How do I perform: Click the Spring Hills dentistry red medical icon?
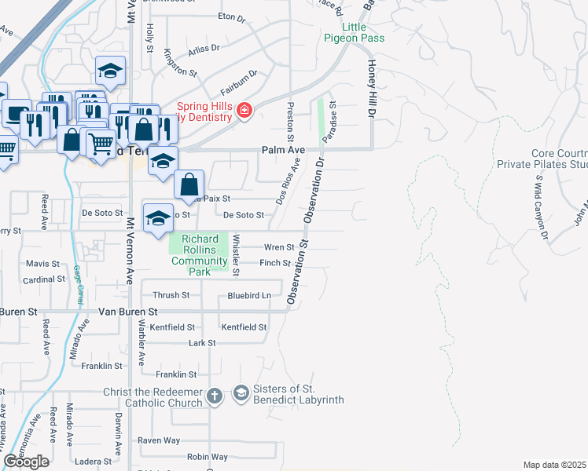[244, 111]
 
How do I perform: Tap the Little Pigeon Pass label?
[354, 32]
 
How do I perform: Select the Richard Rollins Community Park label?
[199, 255]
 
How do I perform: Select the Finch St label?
[276, 264]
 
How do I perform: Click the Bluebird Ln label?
[249, 296]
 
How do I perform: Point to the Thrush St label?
[171, 295]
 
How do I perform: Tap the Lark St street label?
[202, 343]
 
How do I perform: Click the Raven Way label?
[159, 441]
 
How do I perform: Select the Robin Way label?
[208, 457]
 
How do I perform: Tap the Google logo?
[26, 462]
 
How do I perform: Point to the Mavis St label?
[42, 264]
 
